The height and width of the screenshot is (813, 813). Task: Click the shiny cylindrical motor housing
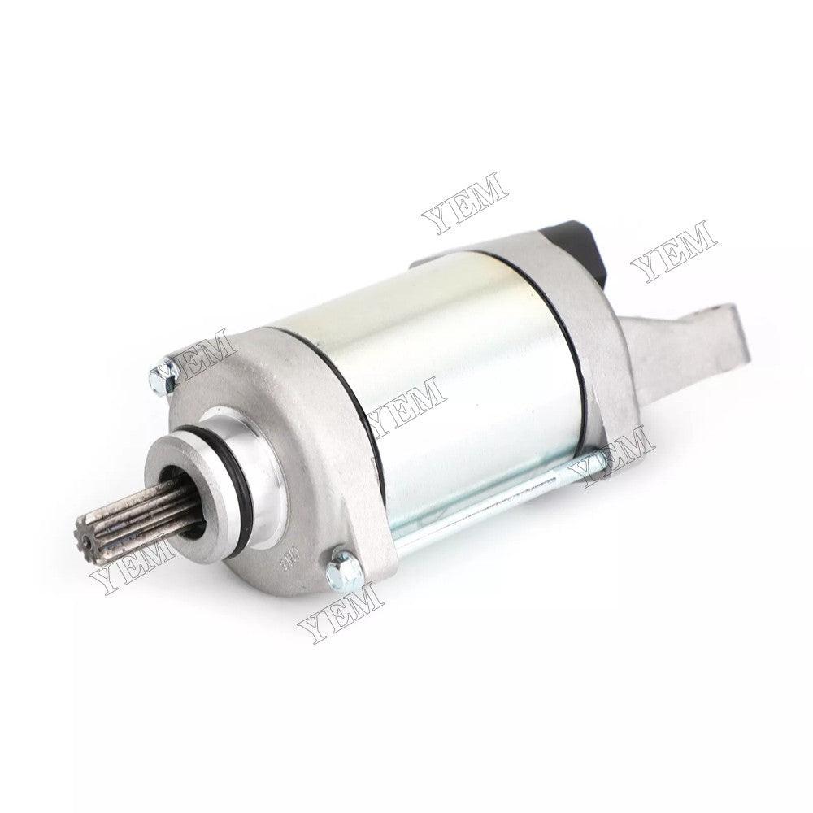tap(455, 366)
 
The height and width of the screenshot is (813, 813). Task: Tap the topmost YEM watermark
tap(464, 202)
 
